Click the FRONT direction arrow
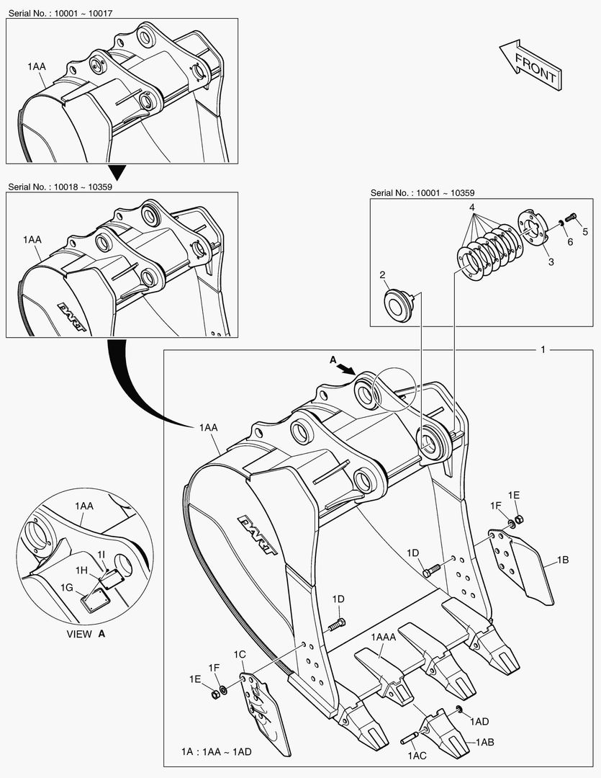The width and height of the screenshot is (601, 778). coord(529,63)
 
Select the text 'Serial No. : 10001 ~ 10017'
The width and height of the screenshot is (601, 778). coord(60,13)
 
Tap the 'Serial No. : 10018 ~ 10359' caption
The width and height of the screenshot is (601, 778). coord(60,187)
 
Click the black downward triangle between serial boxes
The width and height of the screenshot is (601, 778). coord(117,172)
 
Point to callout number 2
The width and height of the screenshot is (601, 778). coord(383,274)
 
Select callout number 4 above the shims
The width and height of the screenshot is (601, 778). coord(472,207)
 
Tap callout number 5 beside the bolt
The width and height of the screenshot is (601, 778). coord(585,231)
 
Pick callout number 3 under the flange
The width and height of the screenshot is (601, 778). coord(551,262)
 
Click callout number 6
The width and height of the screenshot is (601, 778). coord(569,242)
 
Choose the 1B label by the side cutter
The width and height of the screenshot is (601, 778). coord(562,558)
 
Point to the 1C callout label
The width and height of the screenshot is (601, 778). coord(240,654)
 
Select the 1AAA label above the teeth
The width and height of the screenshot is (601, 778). coord(384,637)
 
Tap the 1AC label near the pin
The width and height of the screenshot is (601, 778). coord(418,756)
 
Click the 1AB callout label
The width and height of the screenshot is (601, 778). coord(484,741)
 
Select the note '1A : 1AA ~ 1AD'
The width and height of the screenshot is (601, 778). coord(215,752)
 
